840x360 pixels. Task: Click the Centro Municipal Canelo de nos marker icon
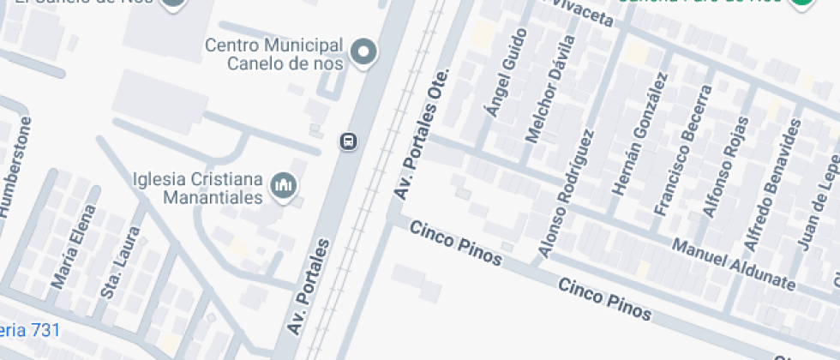tap(365, 52)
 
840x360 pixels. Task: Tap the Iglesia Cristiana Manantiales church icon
tap(284, 184)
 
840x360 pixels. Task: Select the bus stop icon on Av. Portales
tap(348, 141)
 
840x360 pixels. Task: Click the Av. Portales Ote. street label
tap(421, 135)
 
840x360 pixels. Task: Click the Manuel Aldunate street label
tap(734, 264)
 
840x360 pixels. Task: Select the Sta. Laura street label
tap(119, 262)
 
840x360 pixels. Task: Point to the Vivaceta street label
tap(584, 12)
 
